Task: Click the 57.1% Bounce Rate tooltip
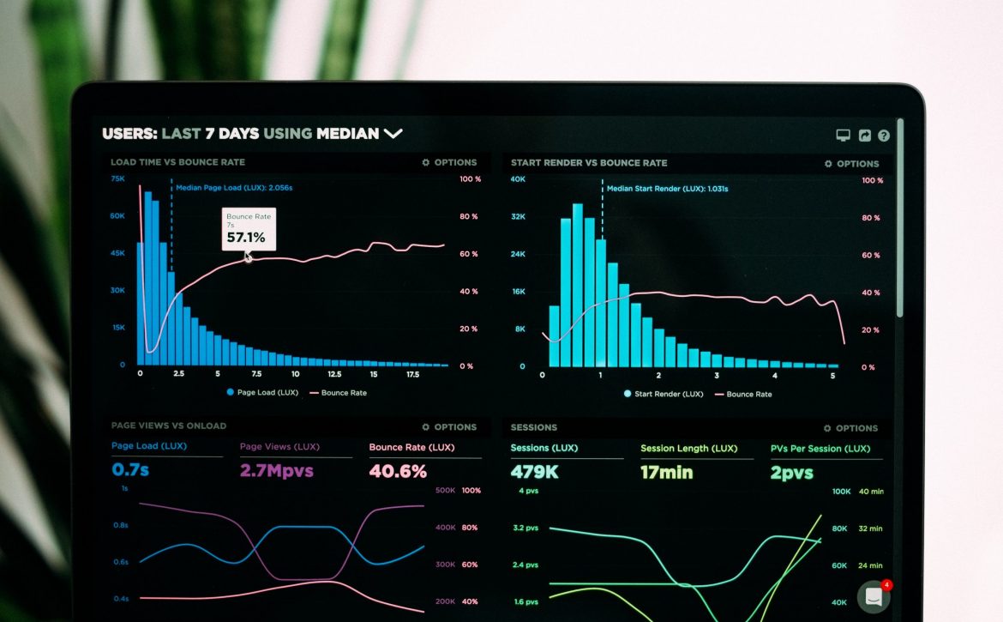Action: coord(249,229)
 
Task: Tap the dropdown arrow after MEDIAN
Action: coord(393,134)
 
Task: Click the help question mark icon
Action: coord(884,136)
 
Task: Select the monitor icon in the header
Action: coord(843,136)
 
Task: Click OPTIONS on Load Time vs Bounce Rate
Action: coord(449,162)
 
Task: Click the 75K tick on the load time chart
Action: coord(117,178)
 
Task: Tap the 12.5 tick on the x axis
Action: coord(334,374)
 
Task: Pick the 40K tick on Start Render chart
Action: coord(518,179)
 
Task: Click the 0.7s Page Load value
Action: coord(130,470)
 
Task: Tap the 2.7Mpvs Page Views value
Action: coord(276,471)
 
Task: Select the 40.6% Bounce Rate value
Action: coord(398,471)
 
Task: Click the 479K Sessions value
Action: coord(534,472)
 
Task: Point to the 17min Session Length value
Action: coord(666,472)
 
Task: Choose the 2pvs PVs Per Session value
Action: coord(791,473)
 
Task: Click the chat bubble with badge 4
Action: coord(874,596)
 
